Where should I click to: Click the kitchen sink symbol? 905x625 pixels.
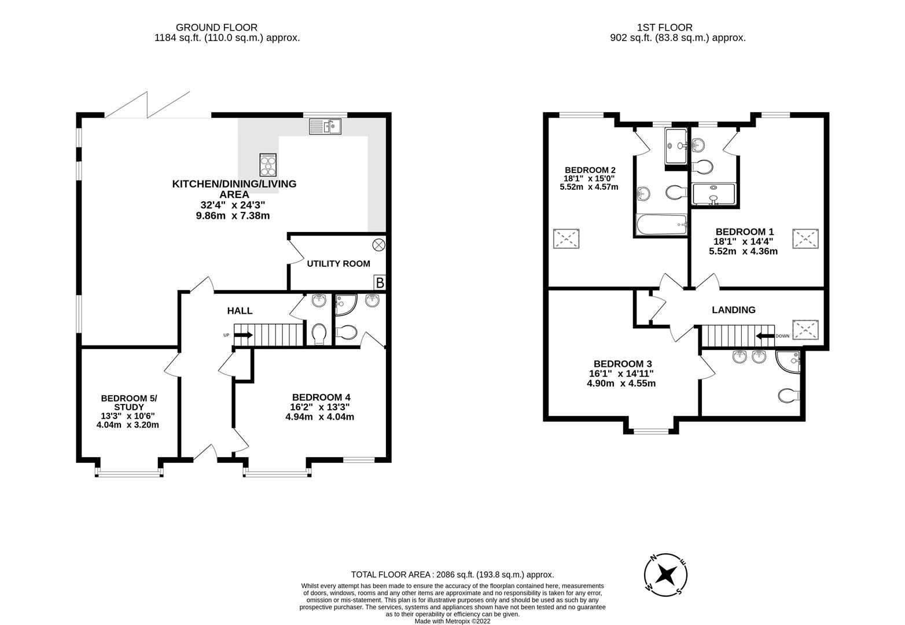tap(325, 126)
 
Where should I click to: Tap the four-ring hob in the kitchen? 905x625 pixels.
tap(268, 164)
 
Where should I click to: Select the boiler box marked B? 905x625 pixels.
tap(380, 283)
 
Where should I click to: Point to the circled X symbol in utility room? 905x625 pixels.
tap(378, 245)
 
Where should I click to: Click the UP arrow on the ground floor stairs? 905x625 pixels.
tap(244, 335)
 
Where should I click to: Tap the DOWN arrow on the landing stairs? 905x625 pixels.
tap(766, 336)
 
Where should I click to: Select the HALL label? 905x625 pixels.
tap(240, 311)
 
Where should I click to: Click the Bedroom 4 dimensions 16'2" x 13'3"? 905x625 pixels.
tap(321, 407)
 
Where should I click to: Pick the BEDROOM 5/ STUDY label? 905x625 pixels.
tap(128, 403)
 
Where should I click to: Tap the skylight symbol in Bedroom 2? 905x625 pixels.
tap(567, 239)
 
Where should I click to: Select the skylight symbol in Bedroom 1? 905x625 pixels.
tap(806, 239)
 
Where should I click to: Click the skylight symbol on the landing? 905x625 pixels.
tap(806, 329)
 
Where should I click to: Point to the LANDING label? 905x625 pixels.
tap(733, 310)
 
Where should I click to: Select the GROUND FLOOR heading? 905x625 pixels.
tap(216, 27)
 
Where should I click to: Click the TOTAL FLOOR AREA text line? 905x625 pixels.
tap(453, 575)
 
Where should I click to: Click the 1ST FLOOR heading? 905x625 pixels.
tap(664, 27)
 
